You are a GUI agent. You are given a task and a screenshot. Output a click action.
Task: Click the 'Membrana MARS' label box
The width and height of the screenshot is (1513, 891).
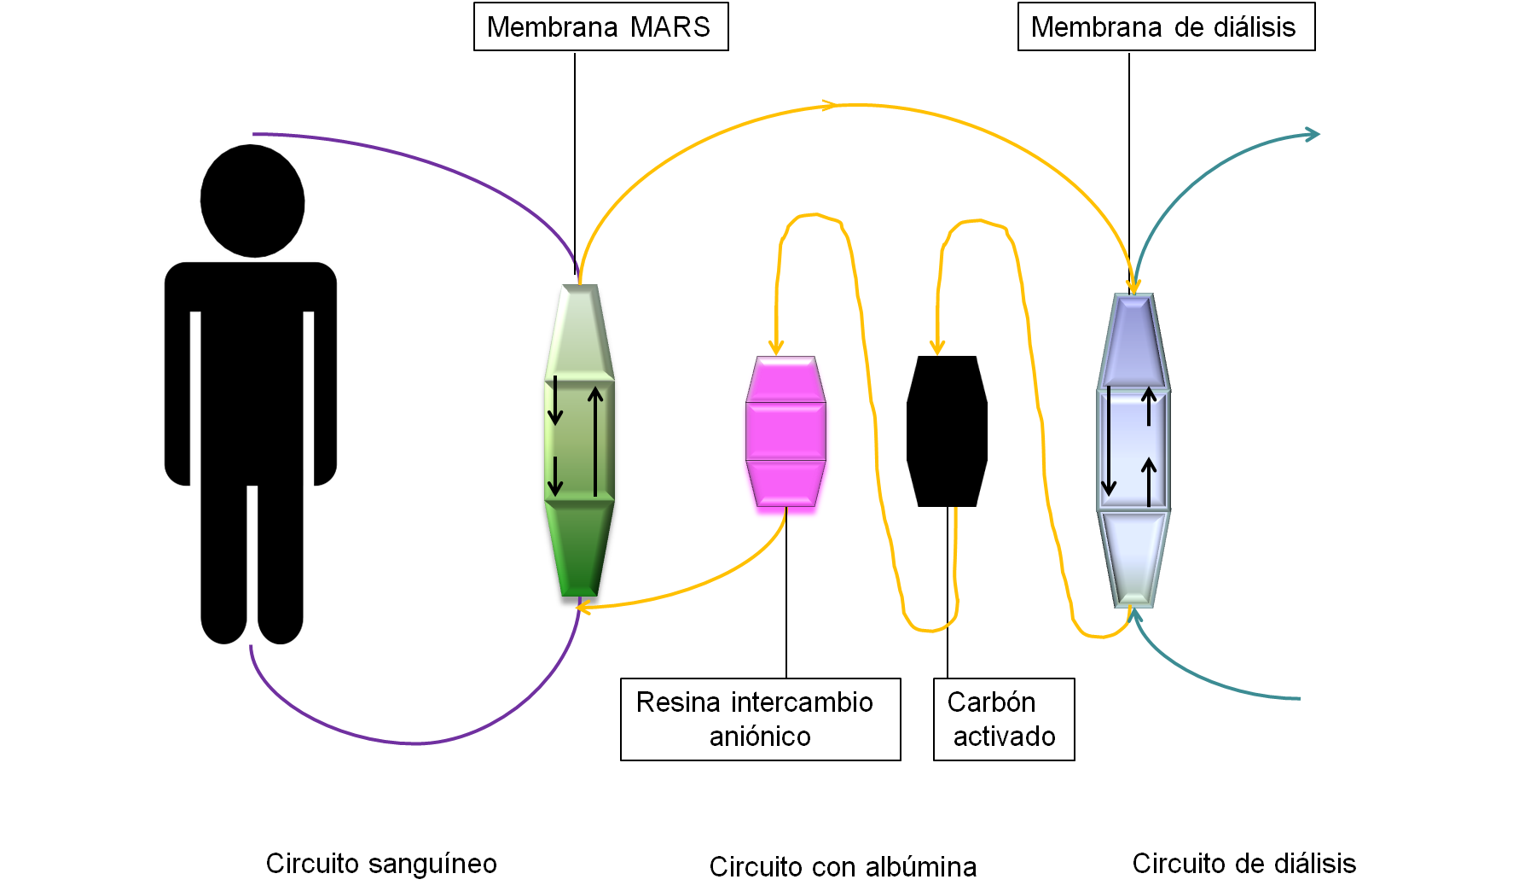coord(600,27)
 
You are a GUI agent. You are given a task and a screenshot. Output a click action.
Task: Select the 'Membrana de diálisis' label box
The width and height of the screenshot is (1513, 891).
coord(1165,27)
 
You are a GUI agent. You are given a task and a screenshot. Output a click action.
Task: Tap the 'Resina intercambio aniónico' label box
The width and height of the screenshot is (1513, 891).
coord(760,719)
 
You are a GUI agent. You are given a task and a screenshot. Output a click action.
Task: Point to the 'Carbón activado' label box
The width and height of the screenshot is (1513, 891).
coord(1003,719)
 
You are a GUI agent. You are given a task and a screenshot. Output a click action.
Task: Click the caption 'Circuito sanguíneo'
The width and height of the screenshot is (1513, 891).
coord(381,863)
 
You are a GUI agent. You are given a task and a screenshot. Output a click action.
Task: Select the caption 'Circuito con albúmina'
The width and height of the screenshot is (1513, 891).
coord(843,866)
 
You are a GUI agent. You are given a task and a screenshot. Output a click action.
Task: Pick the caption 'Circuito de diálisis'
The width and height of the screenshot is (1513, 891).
coord(1243,863)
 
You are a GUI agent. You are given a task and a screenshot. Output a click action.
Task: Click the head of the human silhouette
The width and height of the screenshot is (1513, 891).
coord(252,201)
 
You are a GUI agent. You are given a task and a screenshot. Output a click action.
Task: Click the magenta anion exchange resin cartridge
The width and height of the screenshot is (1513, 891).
coord(785,435)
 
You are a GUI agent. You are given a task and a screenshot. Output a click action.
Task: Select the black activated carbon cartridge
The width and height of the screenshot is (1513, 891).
coord(947,431)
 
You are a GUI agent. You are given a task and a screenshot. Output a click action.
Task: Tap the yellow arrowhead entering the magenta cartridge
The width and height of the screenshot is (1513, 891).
coord(776,346)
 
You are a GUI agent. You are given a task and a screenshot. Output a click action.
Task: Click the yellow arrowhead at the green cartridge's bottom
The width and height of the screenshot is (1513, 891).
coord(583,607)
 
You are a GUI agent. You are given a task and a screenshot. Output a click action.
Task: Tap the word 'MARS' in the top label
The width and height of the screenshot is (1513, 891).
coord(670,27)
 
